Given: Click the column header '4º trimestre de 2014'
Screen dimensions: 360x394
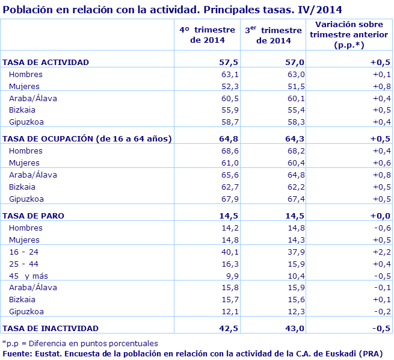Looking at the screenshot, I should tap(208, 35).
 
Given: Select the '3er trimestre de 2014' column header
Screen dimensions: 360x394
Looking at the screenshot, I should tap(273, 35).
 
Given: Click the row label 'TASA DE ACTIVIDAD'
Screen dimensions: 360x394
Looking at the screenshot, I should tap(46, 62).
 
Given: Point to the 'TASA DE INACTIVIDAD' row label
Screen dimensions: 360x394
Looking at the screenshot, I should tap(51, 328).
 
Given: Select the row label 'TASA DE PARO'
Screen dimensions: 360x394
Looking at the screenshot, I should tap(34, 216).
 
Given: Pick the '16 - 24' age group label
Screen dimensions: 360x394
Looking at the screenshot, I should tap(23, 252).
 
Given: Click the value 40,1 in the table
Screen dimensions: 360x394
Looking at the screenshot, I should tap(230, 252).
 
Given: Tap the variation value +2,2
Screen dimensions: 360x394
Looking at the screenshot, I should tap(381, 252).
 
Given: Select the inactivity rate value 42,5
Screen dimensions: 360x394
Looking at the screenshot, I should tap(229, 328).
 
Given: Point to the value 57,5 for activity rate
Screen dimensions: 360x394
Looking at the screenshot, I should tap(229, 62).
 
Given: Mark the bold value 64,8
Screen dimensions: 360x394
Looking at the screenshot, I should tap(229, 138).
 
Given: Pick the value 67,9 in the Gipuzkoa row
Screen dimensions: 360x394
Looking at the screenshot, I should tap(230, 199).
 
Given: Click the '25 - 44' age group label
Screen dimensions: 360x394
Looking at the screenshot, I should tap(23, 264).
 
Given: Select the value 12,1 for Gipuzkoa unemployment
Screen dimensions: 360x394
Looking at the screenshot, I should tap(230, 311).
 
